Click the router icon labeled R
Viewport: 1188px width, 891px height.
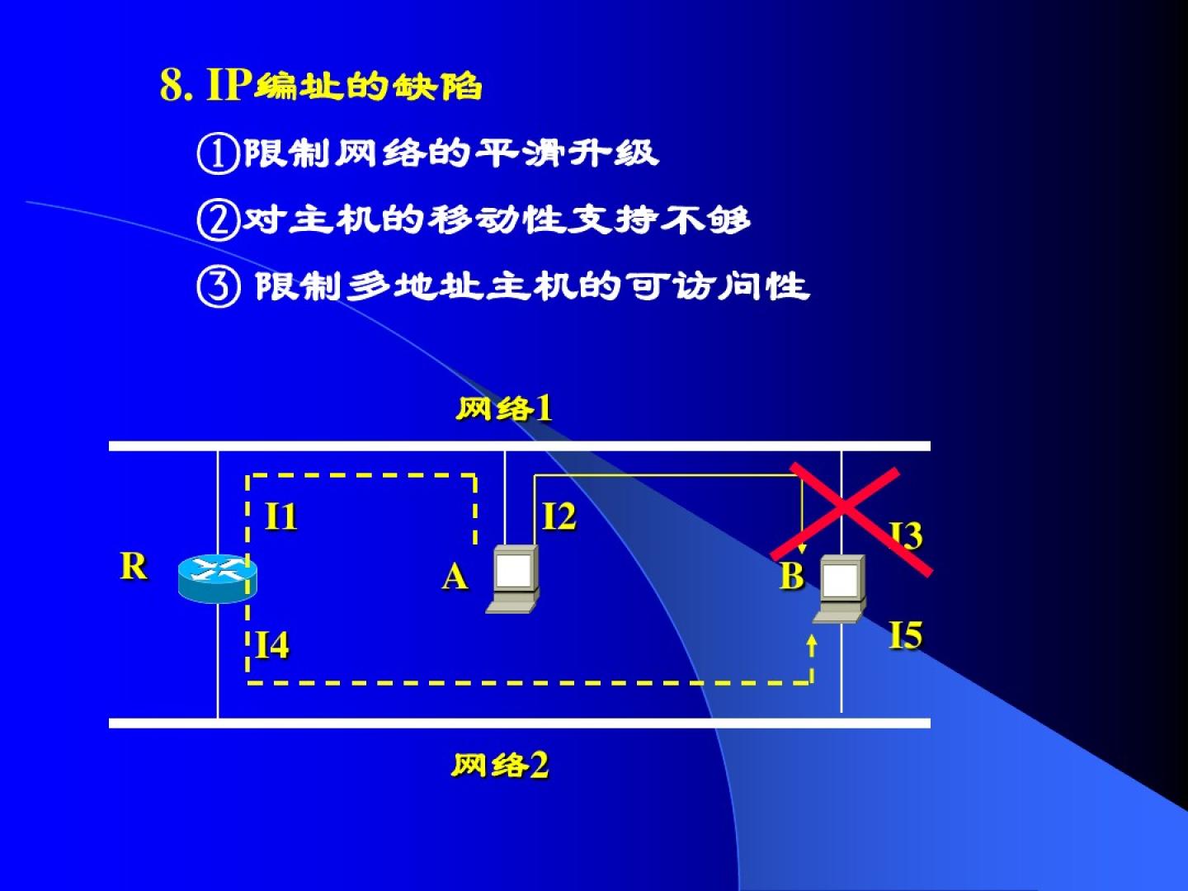click(x=217, y=577)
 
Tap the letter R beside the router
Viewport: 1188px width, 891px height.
click(x=134, y=567)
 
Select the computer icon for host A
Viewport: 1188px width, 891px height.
click(x=514, y=579)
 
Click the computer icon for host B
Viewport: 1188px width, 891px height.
click(x=841, y=588)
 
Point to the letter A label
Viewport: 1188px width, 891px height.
click(x=455, y=577)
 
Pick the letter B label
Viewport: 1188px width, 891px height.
click(x=791, y=576)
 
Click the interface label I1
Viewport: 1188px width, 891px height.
click(x=280, y=517)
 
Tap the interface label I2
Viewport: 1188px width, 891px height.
click(x=559, y=517)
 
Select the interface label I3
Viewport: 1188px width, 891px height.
click(x=907, y=535)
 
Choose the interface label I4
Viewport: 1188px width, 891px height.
click(x=272, y=645)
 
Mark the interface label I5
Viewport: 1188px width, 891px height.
click(x=905, y=635)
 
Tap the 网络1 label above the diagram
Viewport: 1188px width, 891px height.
click(x=504, y=408)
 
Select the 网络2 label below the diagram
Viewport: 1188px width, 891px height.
click(x=500, y=766)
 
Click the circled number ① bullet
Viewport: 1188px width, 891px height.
click(x=218, y=153)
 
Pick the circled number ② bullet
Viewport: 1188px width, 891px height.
click(x=218, y=220)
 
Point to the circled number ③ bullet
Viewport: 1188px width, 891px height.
click(x=218, y=286)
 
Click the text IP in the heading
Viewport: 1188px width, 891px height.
click(x=227, y=85)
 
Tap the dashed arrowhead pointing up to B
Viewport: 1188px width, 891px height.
click(x=813, y=641)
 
